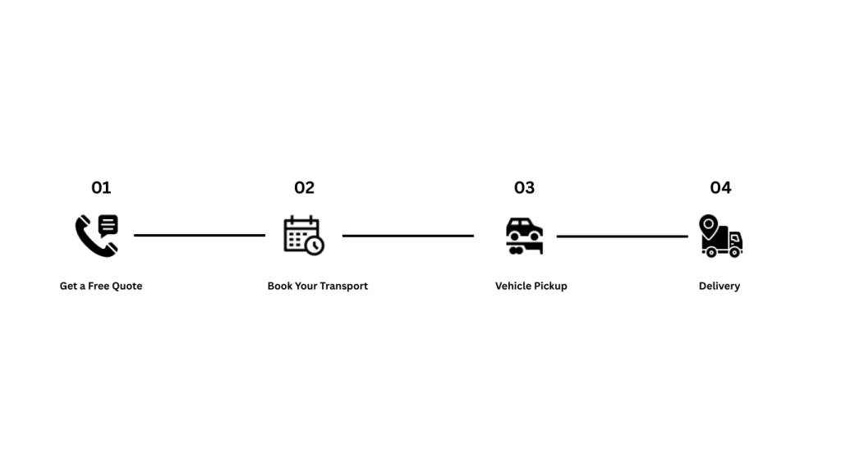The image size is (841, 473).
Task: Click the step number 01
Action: coord(101,188)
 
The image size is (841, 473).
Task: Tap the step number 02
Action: coord(304,188)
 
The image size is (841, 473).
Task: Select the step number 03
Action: coord(524,188)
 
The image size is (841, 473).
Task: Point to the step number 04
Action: coord(720,188)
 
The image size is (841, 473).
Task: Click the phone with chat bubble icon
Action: coord(97,236)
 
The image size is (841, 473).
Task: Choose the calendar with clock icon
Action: coord(303,236)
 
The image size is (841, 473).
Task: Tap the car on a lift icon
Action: coord(524,236)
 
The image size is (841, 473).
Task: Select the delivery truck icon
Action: coord(720,236)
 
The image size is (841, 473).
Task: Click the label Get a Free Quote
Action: coord(101,286)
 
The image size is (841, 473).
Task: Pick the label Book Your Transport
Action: coord(318,286)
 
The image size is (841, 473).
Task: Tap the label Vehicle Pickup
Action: coord(531,286)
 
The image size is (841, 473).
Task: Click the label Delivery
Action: coord(719,286)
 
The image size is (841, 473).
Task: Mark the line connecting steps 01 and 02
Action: coord(200,236)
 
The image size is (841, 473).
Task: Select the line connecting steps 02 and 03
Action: coord(408,236)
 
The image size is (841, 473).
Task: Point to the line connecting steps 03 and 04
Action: coord(623,236)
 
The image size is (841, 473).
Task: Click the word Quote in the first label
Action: coord(127,286)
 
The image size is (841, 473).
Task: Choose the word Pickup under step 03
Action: coord(549,286)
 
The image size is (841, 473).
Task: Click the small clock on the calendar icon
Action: coord(315,246)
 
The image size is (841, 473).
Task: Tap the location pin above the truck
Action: coord(709,225)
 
